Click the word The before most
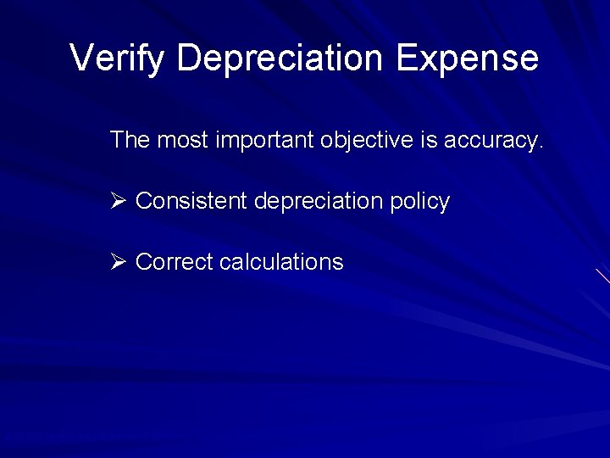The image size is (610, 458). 130,141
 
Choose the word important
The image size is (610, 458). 265,141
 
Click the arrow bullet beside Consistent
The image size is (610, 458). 118,201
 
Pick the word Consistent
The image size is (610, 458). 191,201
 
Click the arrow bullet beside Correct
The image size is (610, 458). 118,262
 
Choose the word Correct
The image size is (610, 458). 175,262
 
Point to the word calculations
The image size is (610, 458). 281,262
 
